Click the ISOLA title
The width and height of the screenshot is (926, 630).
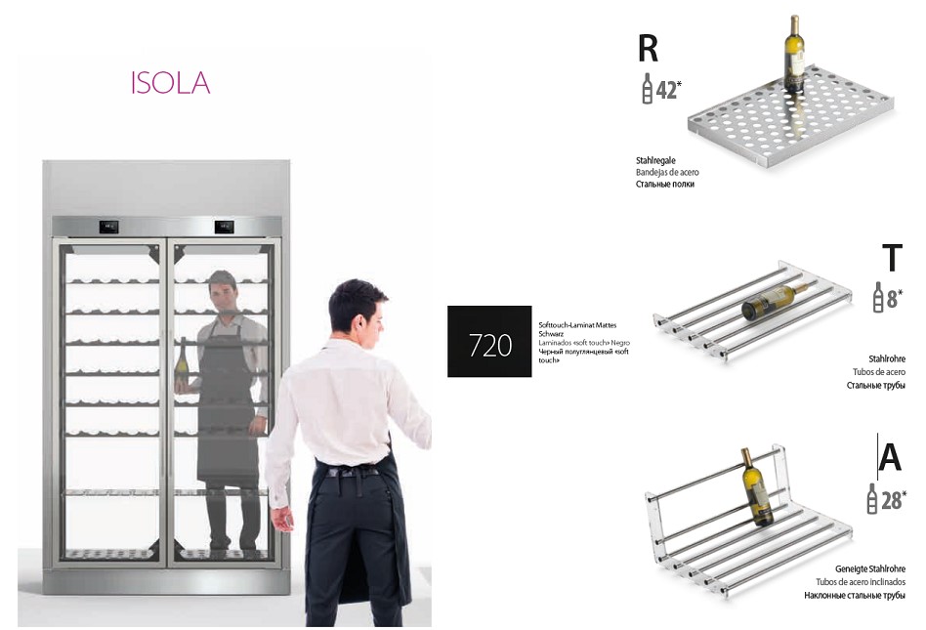[170, 83]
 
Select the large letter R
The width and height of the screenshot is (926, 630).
[650, 49]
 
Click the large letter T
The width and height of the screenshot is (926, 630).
[891, 258]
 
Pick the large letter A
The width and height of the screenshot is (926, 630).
[890, 456]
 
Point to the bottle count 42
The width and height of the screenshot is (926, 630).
[667, 90]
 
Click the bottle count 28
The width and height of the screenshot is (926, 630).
[891, 500]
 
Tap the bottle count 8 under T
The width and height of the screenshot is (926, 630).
[892, 298]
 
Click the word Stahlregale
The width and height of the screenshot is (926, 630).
[656, 159]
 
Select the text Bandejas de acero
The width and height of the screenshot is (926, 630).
[667, 172]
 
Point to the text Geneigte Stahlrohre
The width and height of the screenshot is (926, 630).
[869, 568]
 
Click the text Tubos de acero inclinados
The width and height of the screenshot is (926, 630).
[861, 581]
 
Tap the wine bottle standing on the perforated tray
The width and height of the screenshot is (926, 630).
[793, 55]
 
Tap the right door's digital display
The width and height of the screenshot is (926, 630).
[224, 228]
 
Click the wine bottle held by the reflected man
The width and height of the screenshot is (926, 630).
[183, 363]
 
